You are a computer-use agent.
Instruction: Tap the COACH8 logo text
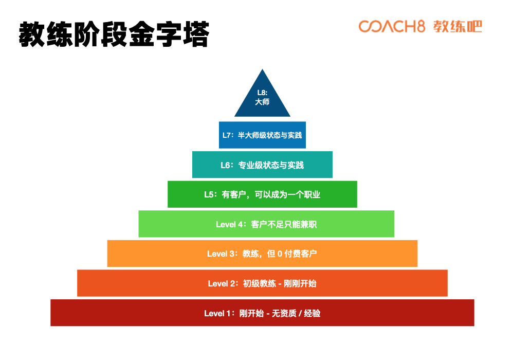click(x=391, y=27)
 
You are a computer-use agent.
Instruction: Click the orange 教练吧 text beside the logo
click(x=457, y=27)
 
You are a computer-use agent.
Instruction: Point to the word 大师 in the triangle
click(x=262, y=102)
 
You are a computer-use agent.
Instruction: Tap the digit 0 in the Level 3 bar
click(x=280, y=254)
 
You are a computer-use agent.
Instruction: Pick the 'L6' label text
click(x=226, y=165)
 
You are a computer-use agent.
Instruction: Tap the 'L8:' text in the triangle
click(x=262, y=93)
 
